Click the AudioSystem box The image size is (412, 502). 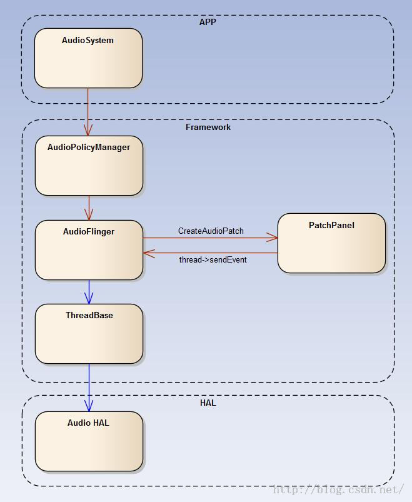(x=88, y=58)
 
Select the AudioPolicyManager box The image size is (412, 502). (x=89, y=166)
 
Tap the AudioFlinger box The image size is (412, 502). (x=89, y=250)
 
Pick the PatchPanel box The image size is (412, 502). (x=331, y=243)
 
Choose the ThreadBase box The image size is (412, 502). (x=89, y=334)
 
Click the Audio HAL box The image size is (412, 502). (x=89, y=441)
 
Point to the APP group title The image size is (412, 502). (x=208, y=22)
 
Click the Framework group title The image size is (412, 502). (x=208, y=127)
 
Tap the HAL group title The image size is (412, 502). (x=208, y=403)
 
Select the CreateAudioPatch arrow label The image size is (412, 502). (x=211, y=231)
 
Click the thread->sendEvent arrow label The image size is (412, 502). (x=213, y=259)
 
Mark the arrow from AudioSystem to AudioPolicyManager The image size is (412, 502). (x=88, y=112)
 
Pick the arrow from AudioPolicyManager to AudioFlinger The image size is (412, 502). (x=89, y=208)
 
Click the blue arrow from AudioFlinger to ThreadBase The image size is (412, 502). (x=89, y=292)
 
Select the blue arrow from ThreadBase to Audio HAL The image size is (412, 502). (x=89, y=388)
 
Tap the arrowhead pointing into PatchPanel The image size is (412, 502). (x=272, y=238)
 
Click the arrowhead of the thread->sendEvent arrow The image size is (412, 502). (x=149, y=253)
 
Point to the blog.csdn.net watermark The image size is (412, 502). (x=338, y=489)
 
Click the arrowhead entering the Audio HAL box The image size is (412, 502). (x=89, y=406)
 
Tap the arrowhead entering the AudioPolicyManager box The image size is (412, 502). (x=88, y=130)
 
